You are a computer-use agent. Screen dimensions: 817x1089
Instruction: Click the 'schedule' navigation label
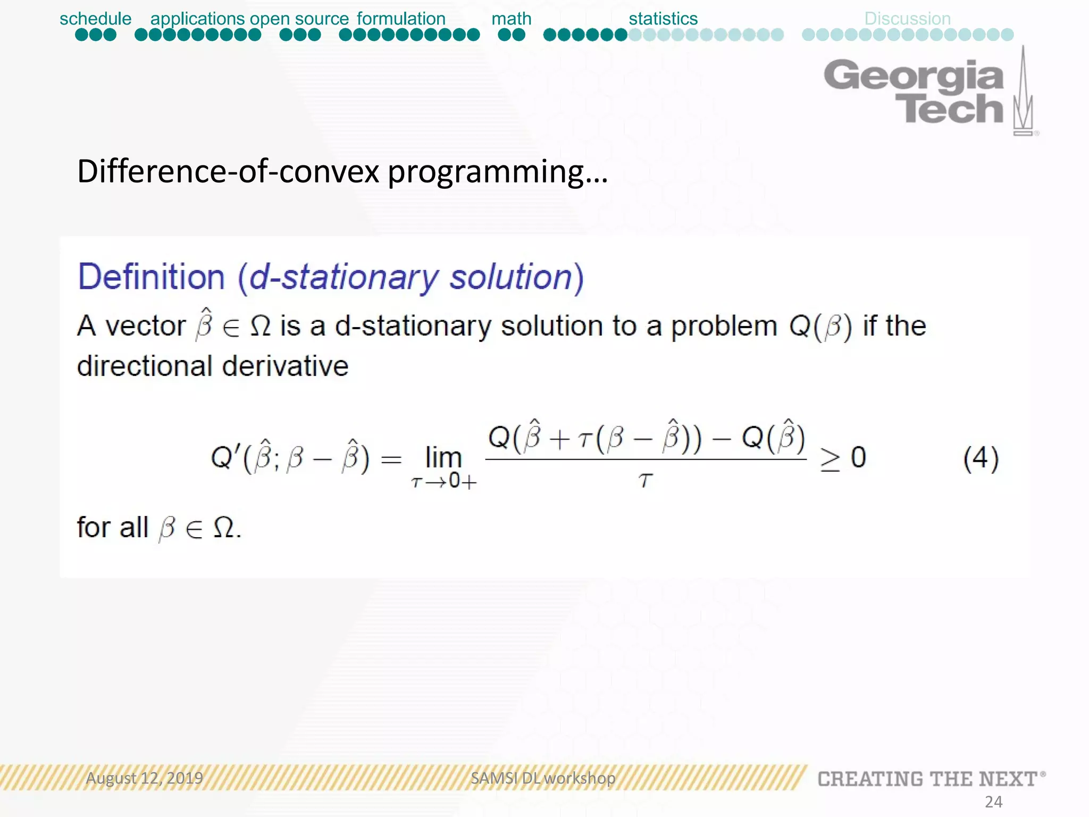pos(95,19)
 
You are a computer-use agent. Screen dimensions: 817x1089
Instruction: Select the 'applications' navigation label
pos(197,19)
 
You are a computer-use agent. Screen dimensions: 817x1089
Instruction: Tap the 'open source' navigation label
pos(299,19)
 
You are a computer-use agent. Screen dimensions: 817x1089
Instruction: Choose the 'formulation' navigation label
pos(401,19)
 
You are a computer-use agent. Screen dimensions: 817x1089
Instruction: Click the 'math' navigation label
pos(511,19)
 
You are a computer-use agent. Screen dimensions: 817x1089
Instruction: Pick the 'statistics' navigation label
pos(663,19)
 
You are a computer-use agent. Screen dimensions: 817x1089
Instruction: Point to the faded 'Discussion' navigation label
pos(907,19)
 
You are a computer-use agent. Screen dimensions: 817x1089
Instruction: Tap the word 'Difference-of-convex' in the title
pos(229,171)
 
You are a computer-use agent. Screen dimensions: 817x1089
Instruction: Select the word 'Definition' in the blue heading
pos(152,277)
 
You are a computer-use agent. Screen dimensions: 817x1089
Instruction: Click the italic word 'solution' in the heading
pos(510,277)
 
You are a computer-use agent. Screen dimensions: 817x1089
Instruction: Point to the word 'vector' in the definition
pos(145,326)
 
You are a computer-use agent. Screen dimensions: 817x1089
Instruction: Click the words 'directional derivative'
pos(213,366)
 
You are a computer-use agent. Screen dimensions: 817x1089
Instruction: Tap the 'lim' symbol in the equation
pos(443,457)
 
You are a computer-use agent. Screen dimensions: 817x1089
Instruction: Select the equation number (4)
pos(981,458)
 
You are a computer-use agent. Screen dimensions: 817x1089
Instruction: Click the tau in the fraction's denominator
pos(645,480)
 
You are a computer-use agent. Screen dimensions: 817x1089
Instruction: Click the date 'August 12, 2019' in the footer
pos(145,778)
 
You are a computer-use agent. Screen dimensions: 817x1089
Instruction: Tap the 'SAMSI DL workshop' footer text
pos(543,778)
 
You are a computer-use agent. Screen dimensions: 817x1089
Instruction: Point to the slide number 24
pos(993,802)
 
